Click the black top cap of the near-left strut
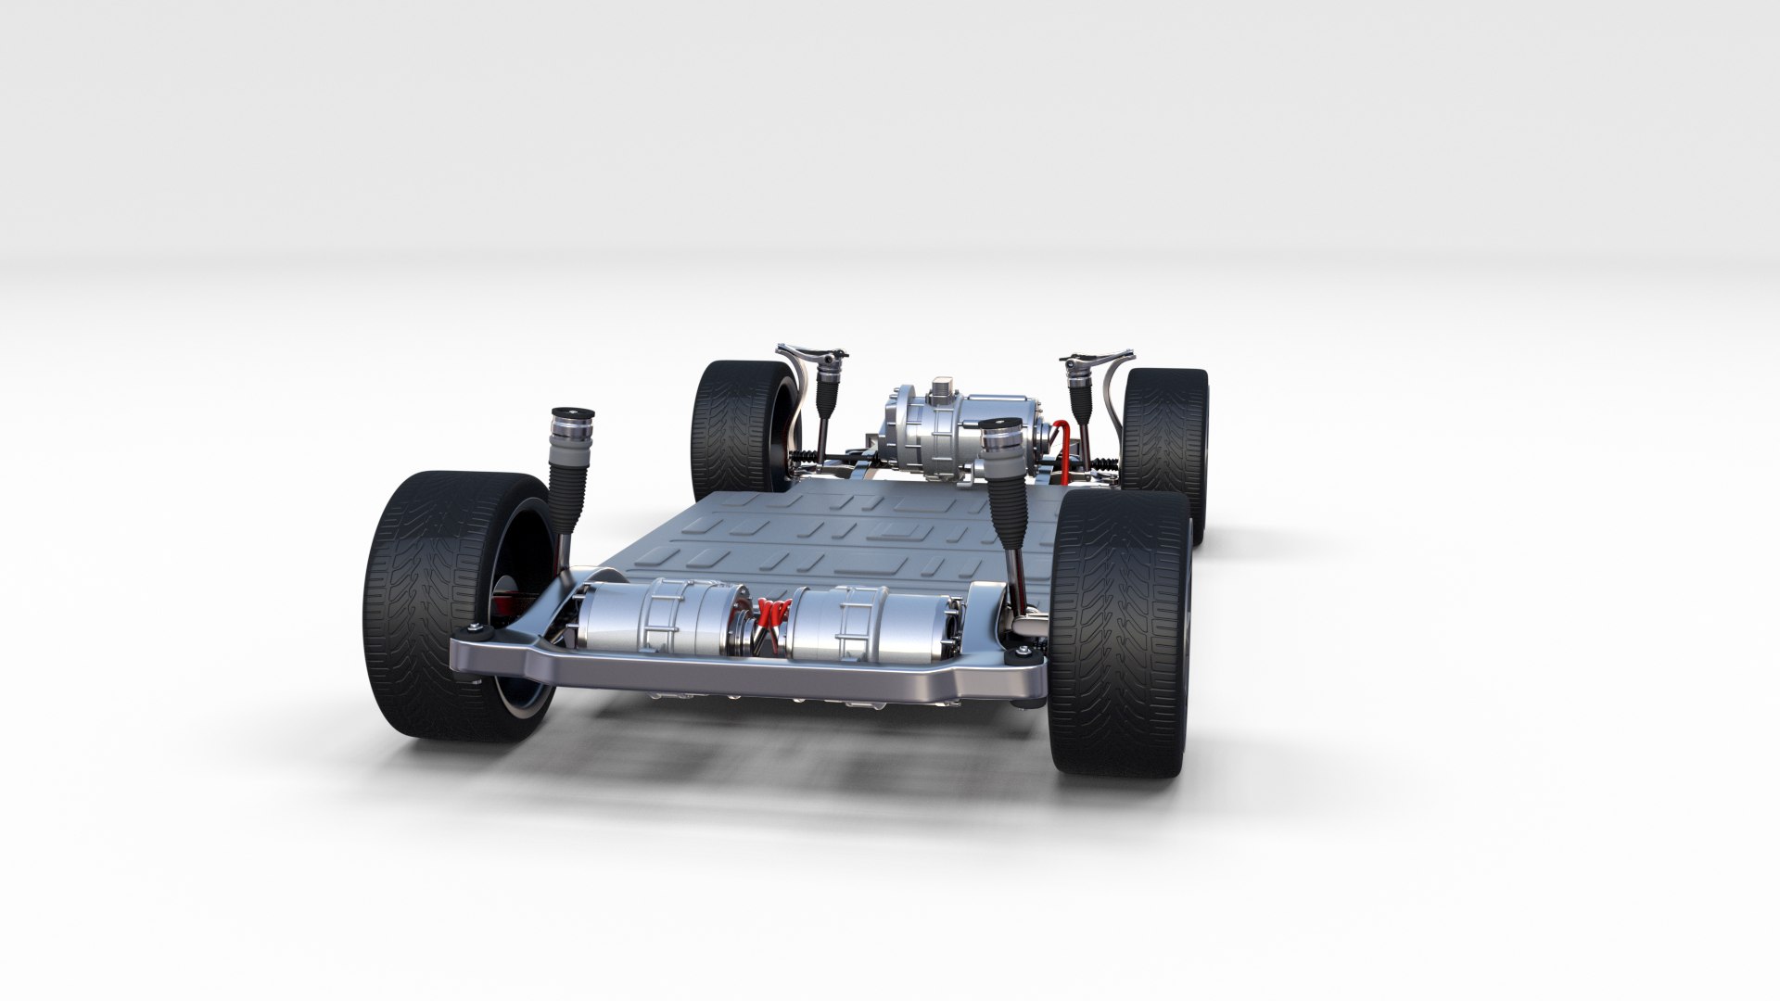pyautogui.click(x=572, y=413)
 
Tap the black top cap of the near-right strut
pyautogui.click(x=1003, y=424)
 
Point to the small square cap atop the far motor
pyautogui.click(x=944, y=385)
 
